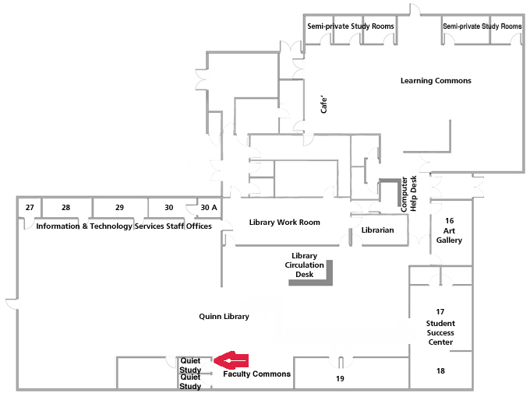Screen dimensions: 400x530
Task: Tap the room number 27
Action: pos(30,208)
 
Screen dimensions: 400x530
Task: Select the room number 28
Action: pos(65,208)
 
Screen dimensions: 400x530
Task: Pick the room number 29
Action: pos(119,208)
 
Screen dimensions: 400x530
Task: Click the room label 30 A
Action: pos(209,208)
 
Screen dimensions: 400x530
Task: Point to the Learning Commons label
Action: pos(436,81)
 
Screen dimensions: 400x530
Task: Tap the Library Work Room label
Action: pos(284,223)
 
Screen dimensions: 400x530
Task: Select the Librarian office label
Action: pos(378,230)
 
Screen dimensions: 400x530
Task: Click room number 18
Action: pos(441,371)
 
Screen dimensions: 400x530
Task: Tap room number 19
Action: pos(340,379)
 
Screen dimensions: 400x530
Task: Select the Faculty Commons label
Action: pos(256,374)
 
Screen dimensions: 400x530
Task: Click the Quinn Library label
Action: pos(224,317)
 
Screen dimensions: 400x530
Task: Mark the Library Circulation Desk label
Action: pos(303,265)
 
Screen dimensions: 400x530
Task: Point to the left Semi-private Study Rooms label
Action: pos(351,26)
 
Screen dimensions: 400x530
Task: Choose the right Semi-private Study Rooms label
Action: pos(482,26)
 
